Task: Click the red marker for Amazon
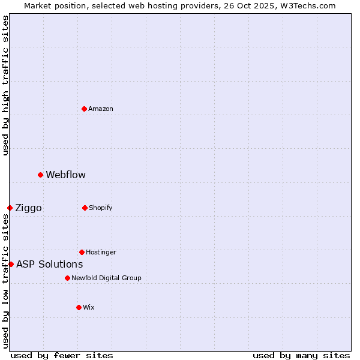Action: click(85, 109)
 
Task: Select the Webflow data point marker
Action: click(41, 175)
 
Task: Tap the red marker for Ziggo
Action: click(10, 208)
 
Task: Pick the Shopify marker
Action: click(85, 208)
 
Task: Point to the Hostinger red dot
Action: click(82, 252)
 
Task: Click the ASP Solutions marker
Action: click(11, 264)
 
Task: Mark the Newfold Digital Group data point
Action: click(68, 278)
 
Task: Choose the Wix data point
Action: click(79, 307)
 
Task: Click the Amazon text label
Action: click(101, 109)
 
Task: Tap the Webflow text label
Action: click(66, 175)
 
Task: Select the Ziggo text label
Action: click(29, 208)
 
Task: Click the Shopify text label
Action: click(101, 208)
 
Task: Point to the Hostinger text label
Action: click(101, 252)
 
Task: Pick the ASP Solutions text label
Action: click(50, 264)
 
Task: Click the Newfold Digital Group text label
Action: click(107, 278)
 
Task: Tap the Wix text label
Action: click(89, 307)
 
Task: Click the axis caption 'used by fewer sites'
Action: click(62, 355)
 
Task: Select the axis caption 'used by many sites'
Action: click(301, 355)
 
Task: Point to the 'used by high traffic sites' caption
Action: click(5, 85)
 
